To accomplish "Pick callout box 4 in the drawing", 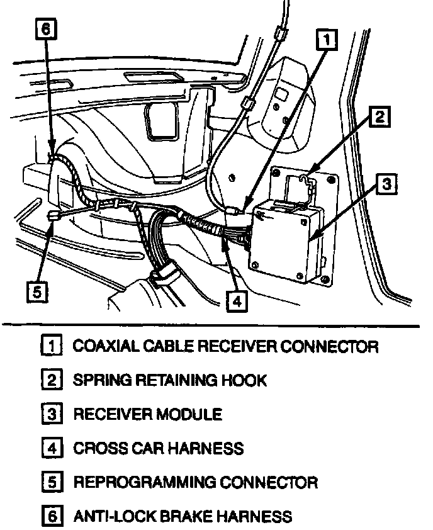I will (236, 302).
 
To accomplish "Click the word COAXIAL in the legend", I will (104, 346).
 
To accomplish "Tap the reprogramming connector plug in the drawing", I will (53, 217).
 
